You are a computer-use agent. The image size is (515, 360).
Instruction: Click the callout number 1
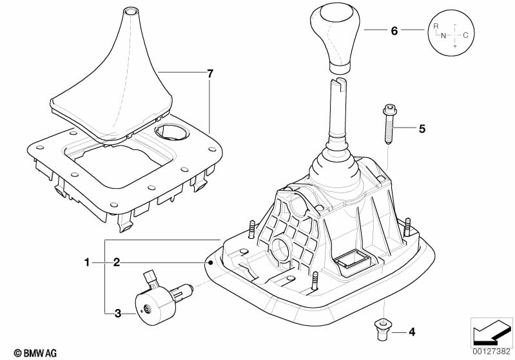pyautogui.click(x=87, y=263)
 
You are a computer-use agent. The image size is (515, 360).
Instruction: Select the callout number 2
pyautogui.click(x=116, y=263)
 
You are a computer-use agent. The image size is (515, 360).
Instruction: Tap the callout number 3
pyautogui.click(x=118, y=314)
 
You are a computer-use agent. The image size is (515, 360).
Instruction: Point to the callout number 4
pyautogui.click(x=412, y=332)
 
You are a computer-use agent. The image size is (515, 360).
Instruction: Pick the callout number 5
pyautogui.click(x=422, y=129)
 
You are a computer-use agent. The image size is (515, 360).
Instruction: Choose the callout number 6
pyautogui.click(x=394, y=31)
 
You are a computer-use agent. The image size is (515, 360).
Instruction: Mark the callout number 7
pyautogui.click(x=210, y=73)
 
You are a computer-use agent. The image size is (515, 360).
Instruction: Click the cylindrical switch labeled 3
pyautogui.click(x=157, y=298)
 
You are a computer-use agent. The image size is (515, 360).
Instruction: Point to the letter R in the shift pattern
pyautogui.click(x=436, y=26)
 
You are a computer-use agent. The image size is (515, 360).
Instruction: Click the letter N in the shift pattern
pyautogui.click(x=443, y=35)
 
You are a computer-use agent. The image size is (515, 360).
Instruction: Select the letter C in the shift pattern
pyautogui.click(x=465, y=35)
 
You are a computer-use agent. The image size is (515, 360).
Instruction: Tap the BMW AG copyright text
pyautogui.click(x=35, y=353)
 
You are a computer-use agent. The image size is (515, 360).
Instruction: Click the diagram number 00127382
pyautogui.click(x=492, y=352)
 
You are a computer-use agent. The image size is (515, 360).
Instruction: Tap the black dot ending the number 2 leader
pyautogui.click(x=211, y=263)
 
